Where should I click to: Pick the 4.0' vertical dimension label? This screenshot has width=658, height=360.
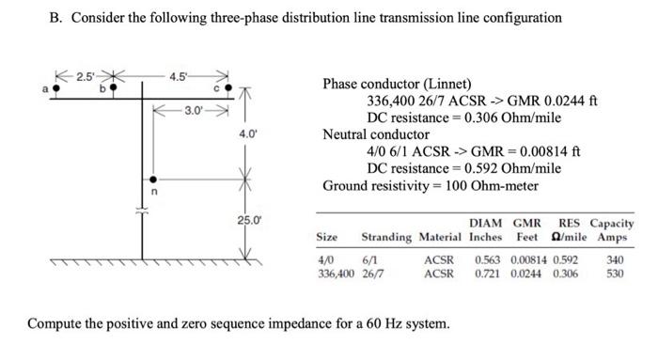pos(248,134)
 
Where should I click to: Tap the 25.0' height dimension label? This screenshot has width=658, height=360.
pos(248,221)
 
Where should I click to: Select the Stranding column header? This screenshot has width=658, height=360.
pos(386,237)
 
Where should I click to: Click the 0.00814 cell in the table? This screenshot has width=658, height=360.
pos(531,259)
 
